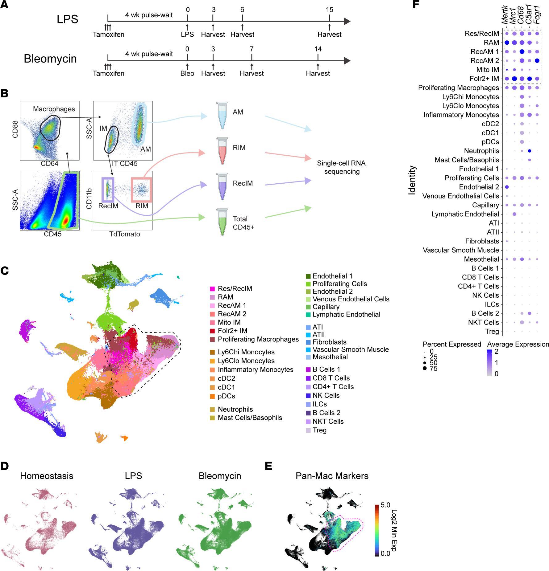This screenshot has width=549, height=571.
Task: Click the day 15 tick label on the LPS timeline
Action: click(x=329, y=10)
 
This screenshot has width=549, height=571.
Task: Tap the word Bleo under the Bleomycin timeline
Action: click(x=187, y=73)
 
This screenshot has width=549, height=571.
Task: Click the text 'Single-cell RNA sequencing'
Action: click(x=341, y=167)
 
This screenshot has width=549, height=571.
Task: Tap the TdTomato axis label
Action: click(x=125, y=234)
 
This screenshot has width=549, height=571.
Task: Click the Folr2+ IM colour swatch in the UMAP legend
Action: click(x=212, y=331)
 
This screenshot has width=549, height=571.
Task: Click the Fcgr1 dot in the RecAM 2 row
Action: click(x=537, y=61)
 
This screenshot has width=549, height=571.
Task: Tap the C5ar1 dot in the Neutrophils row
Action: click(x=530, y=151)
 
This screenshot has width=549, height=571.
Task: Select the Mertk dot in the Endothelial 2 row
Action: click(x=507, y=187)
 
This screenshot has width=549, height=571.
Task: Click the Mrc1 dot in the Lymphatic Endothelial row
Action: click(x=514, y=214)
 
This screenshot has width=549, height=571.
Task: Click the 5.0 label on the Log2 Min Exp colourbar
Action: click(x=385, y=505)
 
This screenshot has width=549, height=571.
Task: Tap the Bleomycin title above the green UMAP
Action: click(x=220, y=476)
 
